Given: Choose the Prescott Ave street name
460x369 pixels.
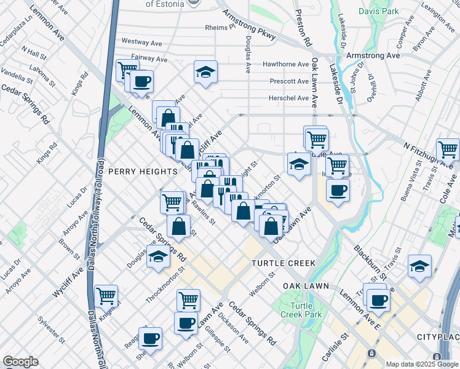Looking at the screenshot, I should pyautogui.click(x=289, y=81).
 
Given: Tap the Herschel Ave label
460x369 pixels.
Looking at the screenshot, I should pyautogui.click(x=288, y=98).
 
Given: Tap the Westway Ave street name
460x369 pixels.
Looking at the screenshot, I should pyautogui.click(x=141, y=42).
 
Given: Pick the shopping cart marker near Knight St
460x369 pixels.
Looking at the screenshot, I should pyautogui.click(x=106, y=296).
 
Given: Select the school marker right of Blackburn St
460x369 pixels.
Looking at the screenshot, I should pyautogui.click(x=419, y=266).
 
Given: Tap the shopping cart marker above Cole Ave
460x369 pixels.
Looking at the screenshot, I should pyautogui.click(x=448, y=149).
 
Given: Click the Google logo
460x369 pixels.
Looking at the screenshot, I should pyautogui.click(x=20, y=362).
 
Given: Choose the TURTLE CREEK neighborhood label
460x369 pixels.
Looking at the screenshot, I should pyautogui.click(x=284, y=263).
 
